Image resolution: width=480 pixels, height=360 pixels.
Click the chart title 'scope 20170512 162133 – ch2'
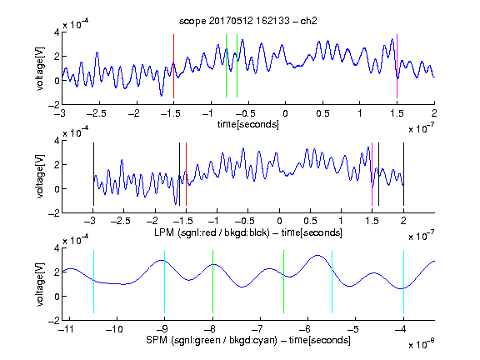(x=248, y=21)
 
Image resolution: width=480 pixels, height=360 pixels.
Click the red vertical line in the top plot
(x=173, y=66)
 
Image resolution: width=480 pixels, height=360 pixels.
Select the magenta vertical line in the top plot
(x=397, y=66)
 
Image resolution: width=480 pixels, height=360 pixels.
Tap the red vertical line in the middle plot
(x=186, y=174)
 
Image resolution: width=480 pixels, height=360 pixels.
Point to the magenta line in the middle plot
(x=372, y=174)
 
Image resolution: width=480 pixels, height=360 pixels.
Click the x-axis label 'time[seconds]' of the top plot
(x=248, y=124)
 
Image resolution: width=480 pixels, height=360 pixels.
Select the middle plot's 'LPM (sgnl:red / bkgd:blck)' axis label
(x=212, y=232)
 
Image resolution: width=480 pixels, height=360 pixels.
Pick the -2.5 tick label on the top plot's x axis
(x=97, y=113)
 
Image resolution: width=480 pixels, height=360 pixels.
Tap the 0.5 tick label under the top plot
(x=322, y=113)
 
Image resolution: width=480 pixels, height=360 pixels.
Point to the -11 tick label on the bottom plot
(x=67, y=329)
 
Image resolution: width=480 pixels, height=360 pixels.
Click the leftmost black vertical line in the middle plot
(x=93, y=174)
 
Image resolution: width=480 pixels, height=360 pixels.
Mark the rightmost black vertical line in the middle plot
(x=403, y=174)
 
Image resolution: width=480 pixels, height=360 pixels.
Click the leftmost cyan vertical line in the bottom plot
(x=93, y=282)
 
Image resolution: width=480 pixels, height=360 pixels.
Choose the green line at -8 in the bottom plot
(x=212, y=282)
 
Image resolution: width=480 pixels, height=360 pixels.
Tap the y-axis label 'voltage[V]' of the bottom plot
(x=40, y=284)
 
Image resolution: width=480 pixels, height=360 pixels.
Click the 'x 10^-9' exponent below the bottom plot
(x=422, y=344)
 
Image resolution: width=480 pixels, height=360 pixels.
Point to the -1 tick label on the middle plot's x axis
(x=214, y=221)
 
